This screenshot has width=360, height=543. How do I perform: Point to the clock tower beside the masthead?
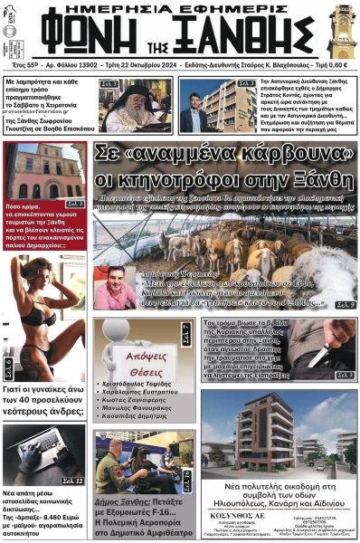[x=343, y=33]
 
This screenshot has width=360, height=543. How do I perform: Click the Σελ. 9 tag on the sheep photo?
[x=345, y=305]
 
